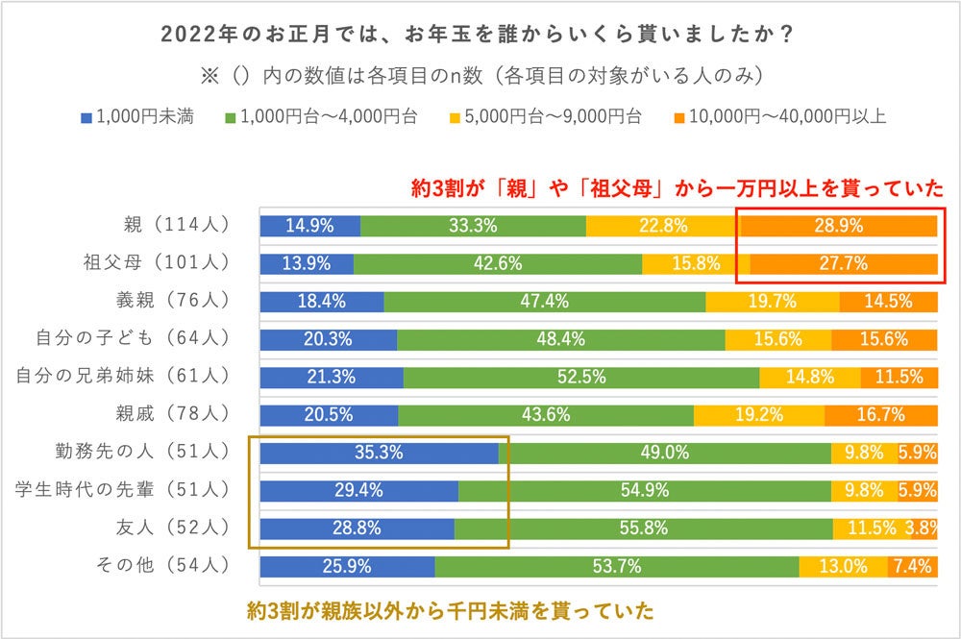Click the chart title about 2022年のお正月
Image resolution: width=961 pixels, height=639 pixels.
478,36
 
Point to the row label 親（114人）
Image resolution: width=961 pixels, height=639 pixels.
171,226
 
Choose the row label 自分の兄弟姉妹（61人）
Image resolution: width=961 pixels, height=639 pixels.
123,376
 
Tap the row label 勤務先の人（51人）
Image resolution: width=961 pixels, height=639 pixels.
143,452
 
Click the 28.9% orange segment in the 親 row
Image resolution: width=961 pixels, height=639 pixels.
838,227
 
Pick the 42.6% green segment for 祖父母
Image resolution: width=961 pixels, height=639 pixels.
498,264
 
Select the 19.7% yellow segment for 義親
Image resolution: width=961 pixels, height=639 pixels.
772,302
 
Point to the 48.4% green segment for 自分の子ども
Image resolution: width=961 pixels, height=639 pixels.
560,339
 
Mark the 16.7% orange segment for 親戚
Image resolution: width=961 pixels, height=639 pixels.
879,415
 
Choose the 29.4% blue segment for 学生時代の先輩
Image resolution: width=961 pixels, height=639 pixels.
358,490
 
